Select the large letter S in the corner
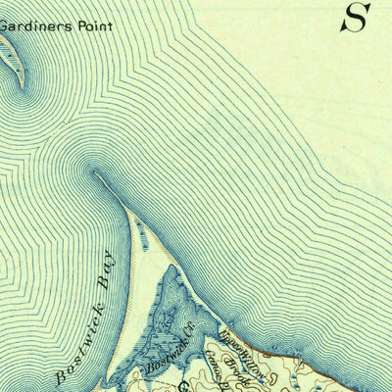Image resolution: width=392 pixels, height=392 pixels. (355, 17)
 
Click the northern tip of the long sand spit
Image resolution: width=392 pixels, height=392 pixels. (97, 173)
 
